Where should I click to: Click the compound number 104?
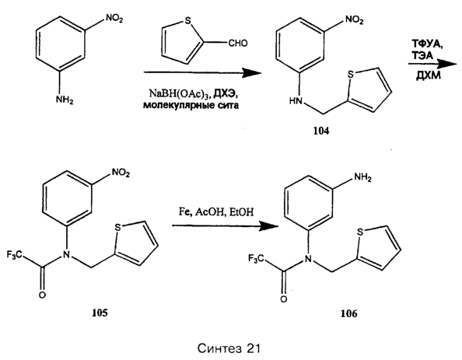(321, 131)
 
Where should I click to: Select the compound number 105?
(100, 313)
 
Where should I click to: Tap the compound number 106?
(349, 313)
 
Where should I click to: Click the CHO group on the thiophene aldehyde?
(238, 44)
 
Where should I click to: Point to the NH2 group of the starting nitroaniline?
(65, 100)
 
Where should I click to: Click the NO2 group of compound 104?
(355, 21)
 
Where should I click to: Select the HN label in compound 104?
(296, 101)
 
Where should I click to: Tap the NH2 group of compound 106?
(362, 177)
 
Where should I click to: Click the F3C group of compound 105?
(15, 255)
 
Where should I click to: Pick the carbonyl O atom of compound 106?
(283, 299)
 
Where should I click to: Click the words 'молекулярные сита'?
(191, 106)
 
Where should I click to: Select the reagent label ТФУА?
(427, 45)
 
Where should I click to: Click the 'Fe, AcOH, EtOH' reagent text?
(216, 212)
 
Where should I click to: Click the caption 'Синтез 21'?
(229, 349)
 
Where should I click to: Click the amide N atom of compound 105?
(67, 254)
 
